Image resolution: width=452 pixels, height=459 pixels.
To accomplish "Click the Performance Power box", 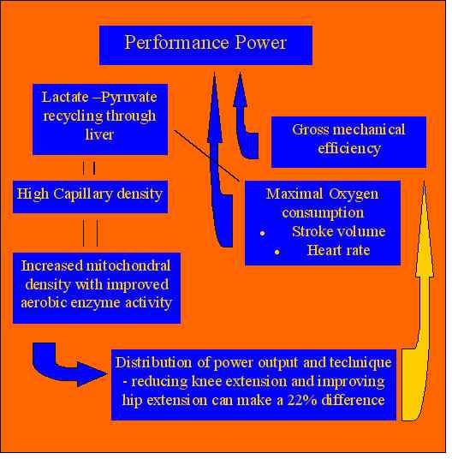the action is [x=205, y=45].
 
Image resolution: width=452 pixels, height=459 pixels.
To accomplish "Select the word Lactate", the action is [x=65, y=97].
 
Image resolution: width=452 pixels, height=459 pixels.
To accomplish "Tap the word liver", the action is [x=99, y=134].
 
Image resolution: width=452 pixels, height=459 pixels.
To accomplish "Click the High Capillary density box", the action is [x=90, y=196].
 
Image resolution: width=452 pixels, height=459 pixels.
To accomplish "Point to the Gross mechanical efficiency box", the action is [x=348, y=142].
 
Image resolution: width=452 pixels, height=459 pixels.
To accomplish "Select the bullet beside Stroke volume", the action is [x=263, y=233].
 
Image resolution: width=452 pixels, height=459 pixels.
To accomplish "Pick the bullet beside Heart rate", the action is [x=277, y=252].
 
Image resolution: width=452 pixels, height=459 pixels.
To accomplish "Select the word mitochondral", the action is [x=128, y=266].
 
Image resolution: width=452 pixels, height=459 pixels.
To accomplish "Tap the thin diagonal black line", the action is [x=207, y=156].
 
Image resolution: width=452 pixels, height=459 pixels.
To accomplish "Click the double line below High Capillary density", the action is [x=90, y=233].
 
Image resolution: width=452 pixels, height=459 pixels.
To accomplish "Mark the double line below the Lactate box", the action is [x=89, y=169].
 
